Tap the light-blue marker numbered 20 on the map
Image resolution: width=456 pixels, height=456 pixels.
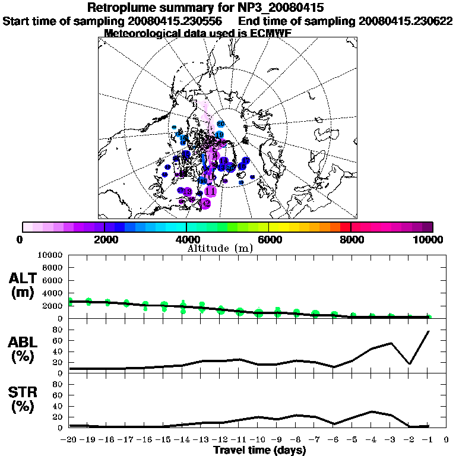pos(221,123)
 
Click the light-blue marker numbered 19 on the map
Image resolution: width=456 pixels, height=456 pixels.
pos(220,135)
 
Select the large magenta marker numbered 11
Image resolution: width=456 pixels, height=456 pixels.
pos(210,191)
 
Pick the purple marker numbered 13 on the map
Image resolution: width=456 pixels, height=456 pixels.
pos(187,192)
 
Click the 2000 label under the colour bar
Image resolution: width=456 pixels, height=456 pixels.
pos(104,239)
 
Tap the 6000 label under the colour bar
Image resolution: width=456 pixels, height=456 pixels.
pos(268,239)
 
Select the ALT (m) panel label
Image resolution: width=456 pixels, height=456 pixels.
pos(24,285)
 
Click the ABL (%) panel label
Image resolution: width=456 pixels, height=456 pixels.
pos(24,349)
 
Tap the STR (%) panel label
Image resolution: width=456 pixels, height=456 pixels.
pos(24,399)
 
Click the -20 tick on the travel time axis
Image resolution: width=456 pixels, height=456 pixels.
pos(69,441)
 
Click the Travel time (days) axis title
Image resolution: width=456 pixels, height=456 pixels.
pos(259,450)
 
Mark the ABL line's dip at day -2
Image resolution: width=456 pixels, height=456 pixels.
pos(409,364)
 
